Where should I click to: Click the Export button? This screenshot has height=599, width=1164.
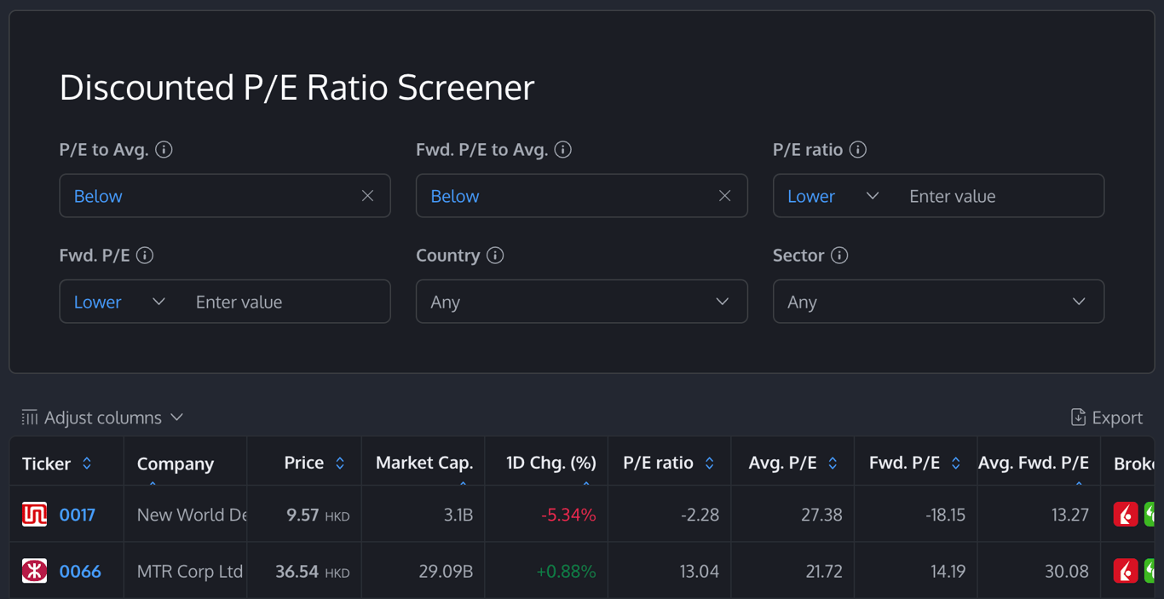(1106, 418)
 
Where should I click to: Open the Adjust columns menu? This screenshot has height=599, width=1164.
(102, 418)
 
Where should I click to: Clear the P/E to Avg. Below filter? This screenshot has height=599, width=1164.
(367, 196)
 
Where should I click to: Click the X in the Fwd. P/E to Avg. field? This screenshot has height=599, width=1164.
(724, 196)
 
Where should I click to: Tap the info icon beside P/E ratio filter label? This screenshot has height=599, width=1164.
(858, 150)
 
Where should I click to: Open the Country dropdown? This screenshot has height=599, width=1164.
(581, 302)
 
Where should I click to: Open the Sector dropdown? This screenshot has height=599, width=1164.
(937, 302)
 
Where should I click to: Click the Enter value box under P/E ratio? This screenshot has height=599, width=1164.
(997, 196)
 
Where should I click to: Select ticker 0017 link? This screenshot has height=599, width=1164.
(78, 515)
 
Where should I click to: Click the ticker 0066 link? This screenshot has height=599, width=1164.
(80, 571)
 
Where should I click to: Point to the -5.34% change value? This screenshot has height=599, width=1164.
(568, 515)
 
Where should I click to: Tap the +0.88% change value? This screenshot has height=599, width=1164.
(566, 571)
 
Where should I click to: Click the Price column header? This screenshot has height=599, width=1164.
(304, 463)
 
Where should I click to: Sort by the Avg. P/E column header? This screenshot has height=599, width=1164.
(783, 463)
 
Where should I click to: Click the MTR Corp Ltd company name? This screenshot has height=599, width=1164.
(189, 571)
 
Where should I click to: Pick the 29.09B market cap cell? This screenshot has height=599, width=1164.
(446, 571)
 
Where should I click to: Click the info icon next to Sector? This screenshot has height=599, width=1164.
(839, 256)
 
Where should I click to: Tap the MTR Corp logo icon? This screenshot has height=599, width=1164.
(34, 571)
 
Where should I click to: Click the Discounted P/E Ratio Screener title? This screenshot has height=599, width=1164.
(297, 88)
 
